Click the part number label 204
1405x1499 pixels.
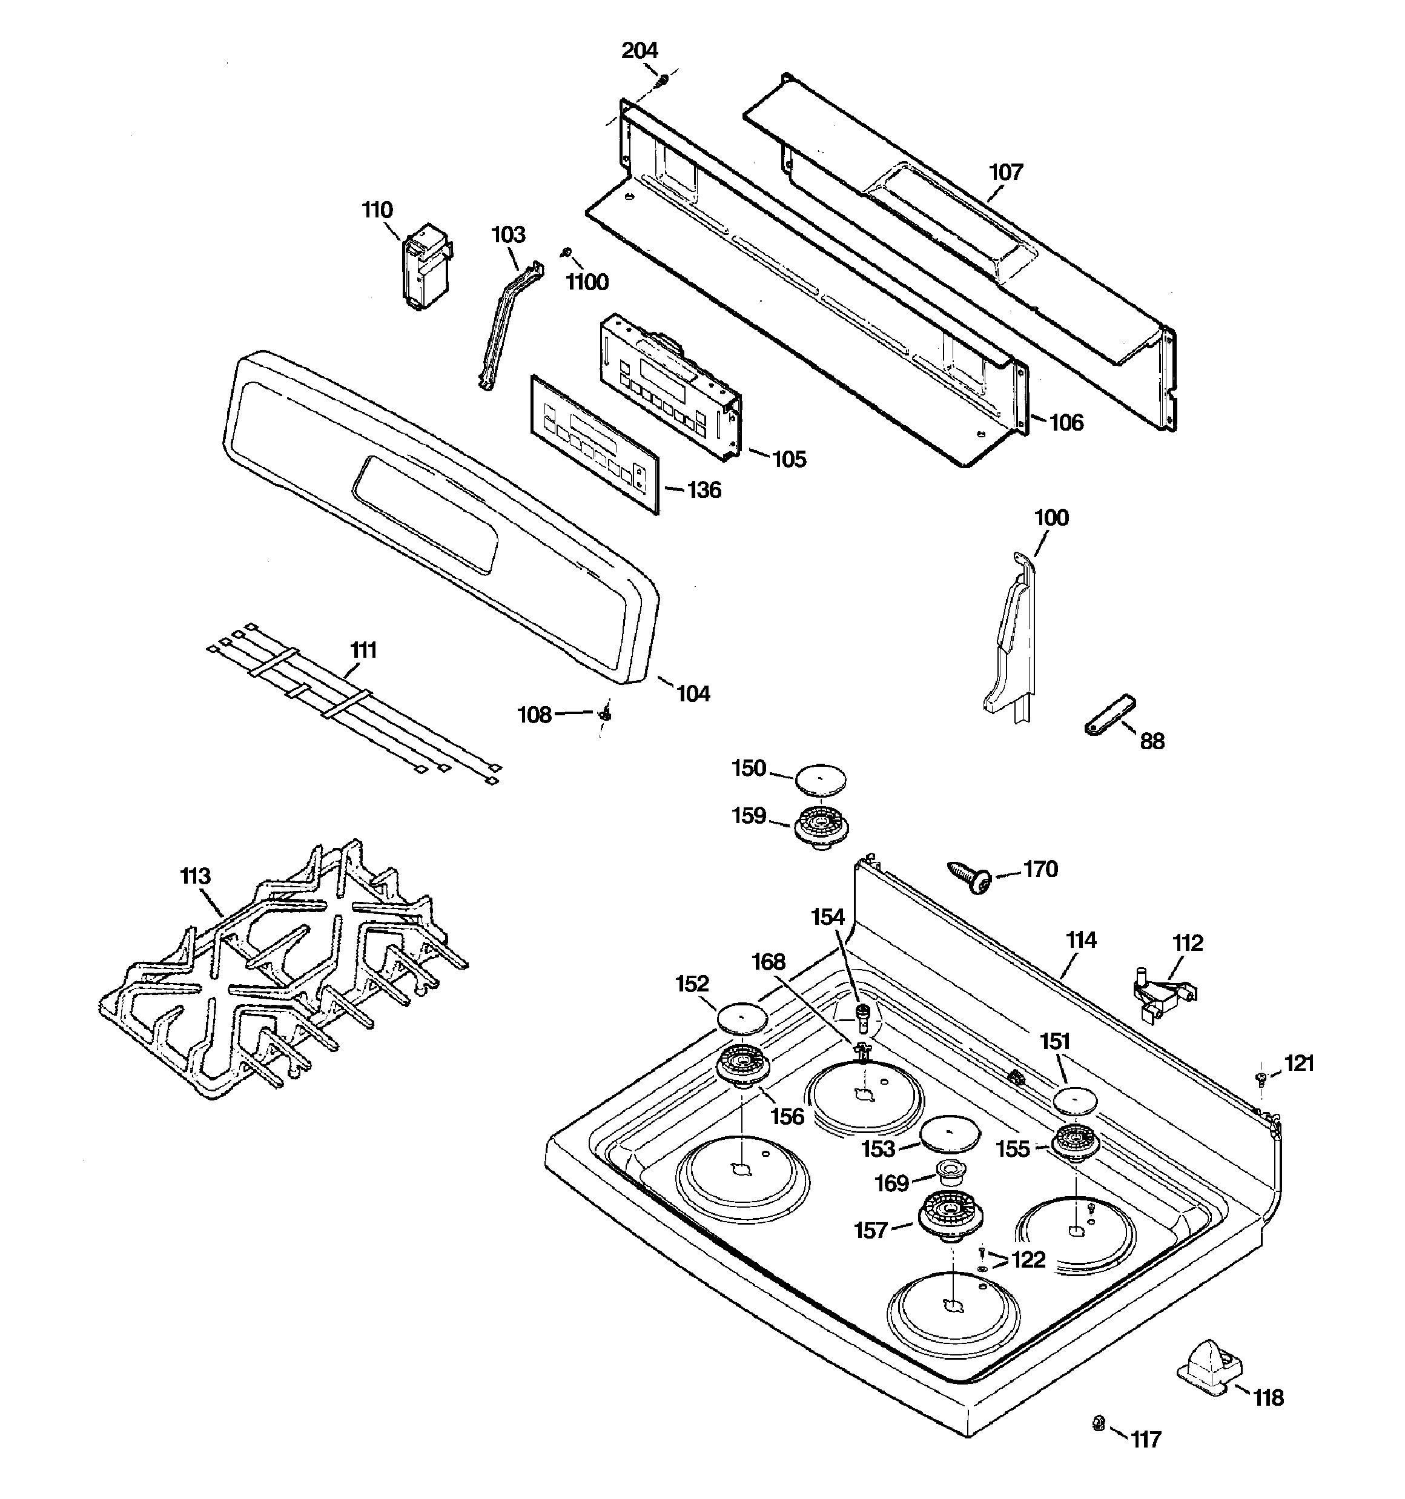click(x=640, y=50)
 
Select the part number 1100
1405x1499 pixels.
click(x=587, y=282)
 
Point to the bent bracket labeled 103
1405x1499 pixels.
click(x=511, y=325)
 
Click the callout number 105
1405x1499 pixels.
click(x=789, y=459)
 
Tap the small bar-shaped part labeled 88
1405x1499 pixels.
click(x=1110, y=714)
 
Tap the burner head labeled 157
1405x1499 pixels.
click(x=950, y=1217)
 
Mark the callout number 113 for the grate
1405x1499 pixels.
click(x=196, y=877)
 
